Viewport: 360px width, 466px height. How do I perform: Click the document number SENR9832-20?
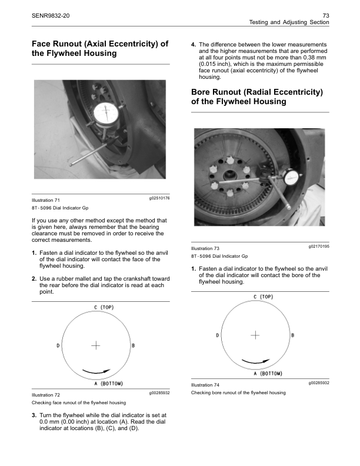pos(51,14)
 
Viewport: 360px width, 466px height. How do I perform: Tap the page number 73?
pos(325,14)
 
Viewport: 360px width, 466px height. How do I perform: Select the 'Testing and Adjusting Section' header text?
pos(289,22)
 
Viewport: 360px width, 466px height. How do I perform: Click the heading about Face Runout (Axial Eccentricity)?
pos(99,48)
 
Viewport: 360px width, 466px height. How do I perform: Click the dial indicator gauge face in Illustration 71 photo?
pos(106,115)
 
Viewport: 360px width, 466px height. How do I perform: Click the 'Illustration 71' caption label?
pos(45,201)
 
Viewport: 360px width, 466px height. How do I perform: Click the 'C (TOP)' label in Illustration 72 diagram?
pos(104,307)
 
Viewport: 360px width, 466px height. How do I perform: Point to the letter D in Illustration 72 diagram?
pos(58,345)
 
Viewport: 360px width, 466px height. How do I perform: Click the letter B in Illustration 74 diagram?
pos(293,335)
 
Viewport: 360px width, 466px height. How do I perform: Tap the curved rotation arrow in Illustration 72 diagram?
pos(96,371)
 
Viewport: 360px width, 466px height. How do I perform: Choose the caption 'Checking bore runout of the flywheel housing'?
pos(239,392)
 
